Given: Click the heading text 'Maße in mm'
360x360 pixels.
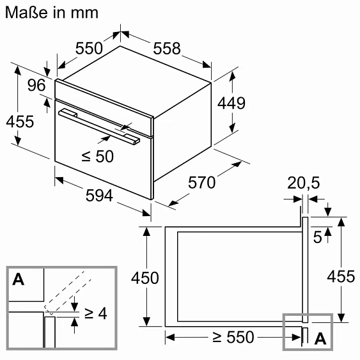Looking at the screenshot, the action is coord(52,12).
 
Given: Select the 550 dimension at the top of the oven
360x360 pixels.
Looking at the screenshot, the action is coord(89,48).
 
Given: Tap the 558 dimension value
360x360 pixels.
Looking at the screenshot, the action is coord(167,49).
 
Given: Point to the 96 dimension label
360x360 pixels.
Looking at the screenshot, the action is coord(36,85).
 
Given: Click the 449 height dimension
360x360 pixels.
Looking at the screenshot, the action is coord(231,103).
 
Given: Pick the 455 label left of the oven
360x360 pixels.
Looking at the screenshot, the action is coord(20,121).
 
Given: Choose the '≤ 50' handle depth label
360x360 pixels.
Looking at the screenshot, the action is coord(98,157).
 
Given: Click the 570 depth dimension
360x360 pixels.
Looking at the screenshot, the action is coord(202,182).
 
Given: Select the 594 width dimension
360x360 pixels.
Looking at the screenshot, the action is coord(99,196).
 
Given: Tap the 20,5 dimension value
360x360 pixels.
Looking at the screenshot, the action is coord(304,183).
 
